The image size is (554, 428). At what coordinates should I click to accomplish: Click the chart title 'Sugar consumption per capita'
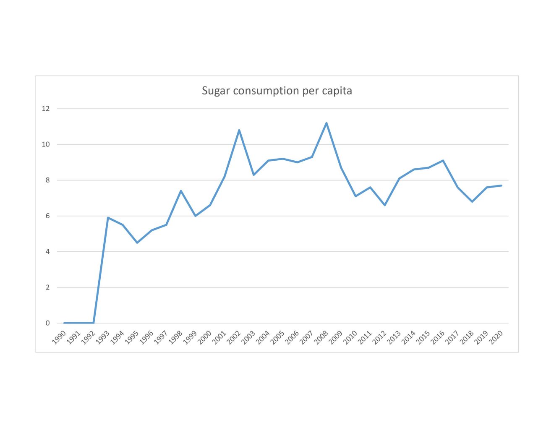click(x=277, y=91)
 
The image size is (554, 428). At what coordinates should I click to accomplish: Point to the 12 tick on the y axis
click(x=46, y=109)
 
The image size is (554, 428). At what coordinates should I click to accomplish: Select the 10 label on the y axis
click(x=46, y=144)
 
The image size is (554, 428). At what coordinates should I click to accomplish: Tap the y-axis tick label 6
click(x=47, y=216)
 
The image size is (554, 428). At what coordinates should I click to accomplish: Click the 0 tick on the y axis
click(x=47, y=323)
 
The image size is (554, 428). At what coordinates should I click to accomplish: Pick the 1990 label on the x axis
click(x=59, y=337)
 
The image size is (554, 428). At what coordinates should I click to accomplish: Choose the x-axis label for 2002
click(x=234, y=337)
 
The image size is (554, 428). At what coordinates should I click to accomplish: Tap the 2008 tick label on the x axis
click(x=321, y=337)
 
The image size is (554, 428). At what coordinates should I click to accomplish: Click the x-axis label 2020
click(x=497, y=337)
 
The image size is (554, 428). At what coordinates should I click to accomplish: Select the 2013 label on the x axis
click(x=395, y=337)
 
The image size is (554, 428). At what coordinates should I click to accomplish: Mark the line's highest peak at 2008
click(x=327, y=123)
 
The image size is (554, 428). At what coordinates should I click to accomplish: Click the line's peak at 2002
click(x=239, y=130)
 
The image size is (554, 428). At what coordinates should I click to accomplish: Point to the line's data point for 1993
click(x=108, y=218)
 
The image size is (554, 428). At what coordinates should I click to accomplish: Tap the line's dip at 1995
click(x=137, y=243)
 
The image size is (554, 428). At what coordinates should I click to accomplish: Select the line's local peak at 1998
click(x=181, y=191)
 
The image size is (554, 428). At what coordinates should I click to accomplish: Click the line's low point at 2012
click(x=385, y=205)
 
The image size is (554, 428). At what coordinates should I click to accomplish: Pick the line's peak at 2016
click(x=443, y=160)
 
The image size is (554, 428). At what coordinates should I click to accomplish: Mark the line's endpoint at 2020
click(x=502, y=185)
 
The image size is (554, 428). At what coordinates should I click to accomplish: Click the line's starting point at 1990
click(x=64, y=323)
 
